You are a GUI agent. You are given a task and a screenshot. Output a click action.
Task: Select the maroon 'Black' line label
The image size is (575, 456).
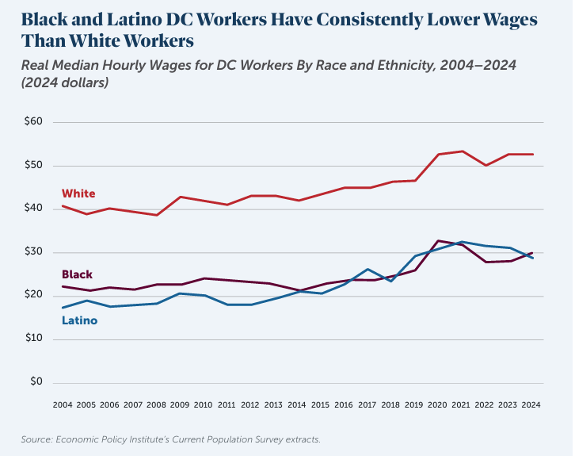click(x=77, y=274)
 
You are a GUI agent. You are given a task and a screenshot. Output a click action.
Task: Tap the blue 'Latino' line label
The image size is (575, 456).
click(x=80, y=320)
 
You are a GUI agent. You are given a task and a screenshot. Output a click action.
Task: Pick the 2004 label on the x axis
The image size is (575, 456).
click(x=63, y=404)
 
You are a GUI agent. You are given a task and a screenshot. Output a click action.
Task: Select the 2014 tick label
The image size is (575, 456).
click(x=296, y=404)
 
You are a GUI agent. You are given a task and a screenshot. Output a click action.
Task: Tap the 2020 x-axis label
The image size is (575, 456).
click(x=437, y=404)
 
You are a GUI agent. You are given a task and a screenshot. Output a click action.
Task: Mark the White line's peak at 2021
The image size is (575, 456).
click(x=462, y=151)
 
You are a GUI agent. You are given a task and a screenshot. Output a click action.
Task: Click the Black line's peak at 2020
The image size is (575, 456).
click(x=438, y=240)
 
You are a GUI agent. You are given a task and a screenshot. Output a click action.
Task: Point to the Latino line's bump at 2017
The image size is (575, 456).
click(x=368, y=270)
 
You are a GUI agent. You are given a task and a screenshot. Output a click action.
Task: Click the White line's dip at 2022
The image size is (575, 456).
click(x=485, y=165)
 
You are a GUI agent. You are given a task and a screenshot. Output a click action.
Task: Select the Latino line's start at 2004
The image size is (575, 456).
click(x=63, y=308)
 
